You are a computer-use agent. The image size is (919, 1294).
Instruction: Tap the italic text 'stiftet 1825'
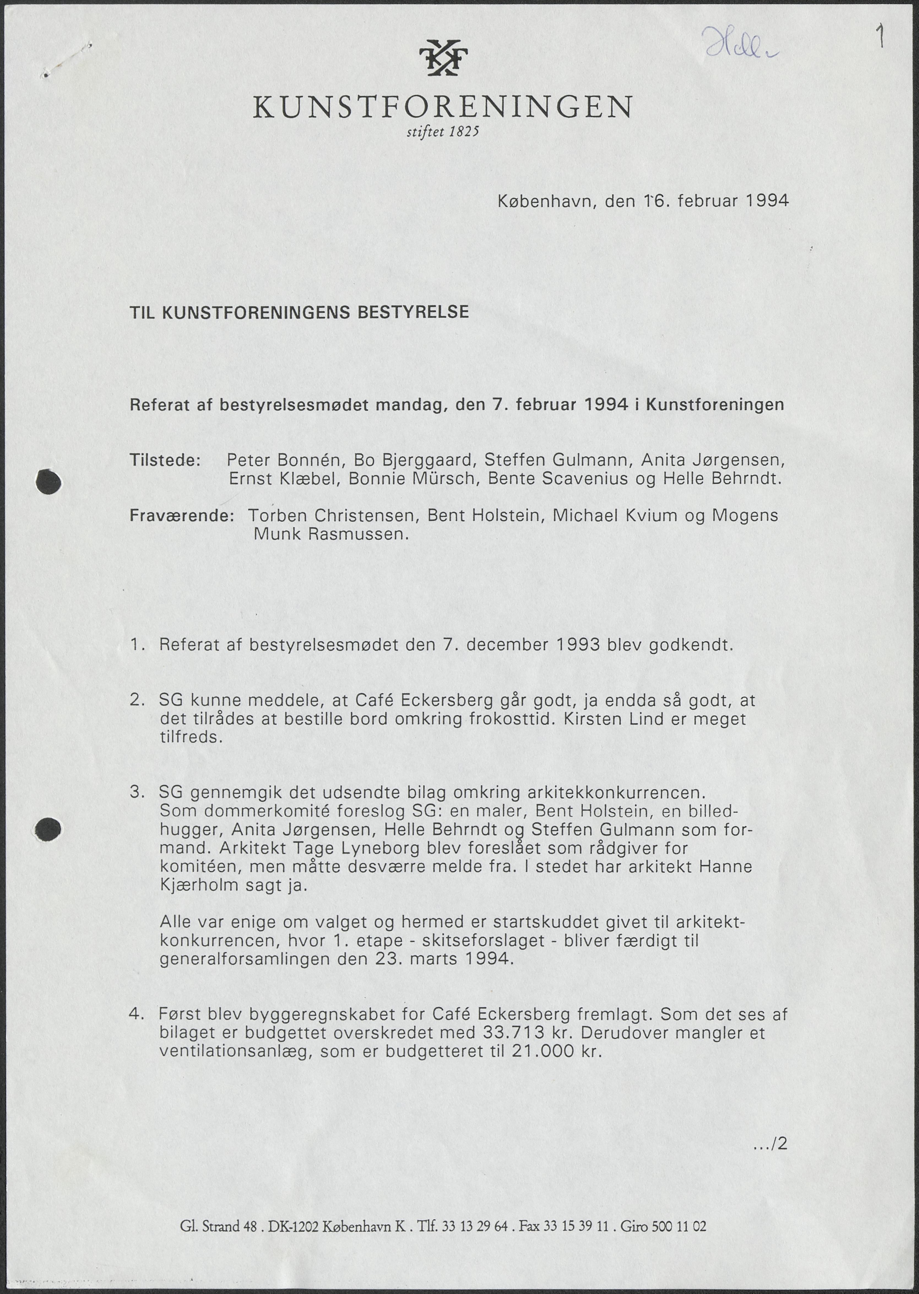[x=443, y=132]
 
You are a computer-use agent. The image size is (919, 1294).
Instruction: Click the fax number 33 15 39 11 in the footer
[x=575, y=1227]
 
